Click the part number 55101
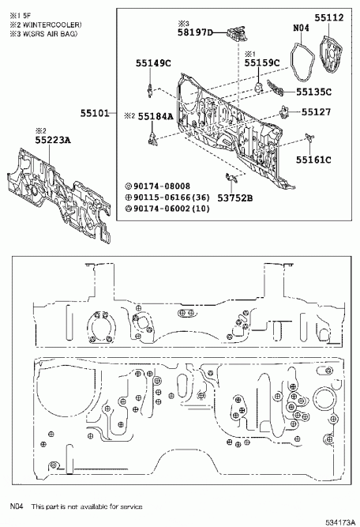[x=95, y=113]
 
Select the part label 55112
[x=329, y=17]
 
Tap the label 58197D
[x=196, y=32]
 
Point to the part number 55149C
[x=153, y=63]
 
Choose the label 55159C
[x=262, y=63]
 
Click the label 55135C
[x=313, y=92]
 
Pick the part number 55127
[x=316, y=112]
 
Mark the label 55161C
[x=313, y=160]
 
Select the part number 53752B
[x=235, y=198]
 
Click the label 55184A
[x=156, y=116]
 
